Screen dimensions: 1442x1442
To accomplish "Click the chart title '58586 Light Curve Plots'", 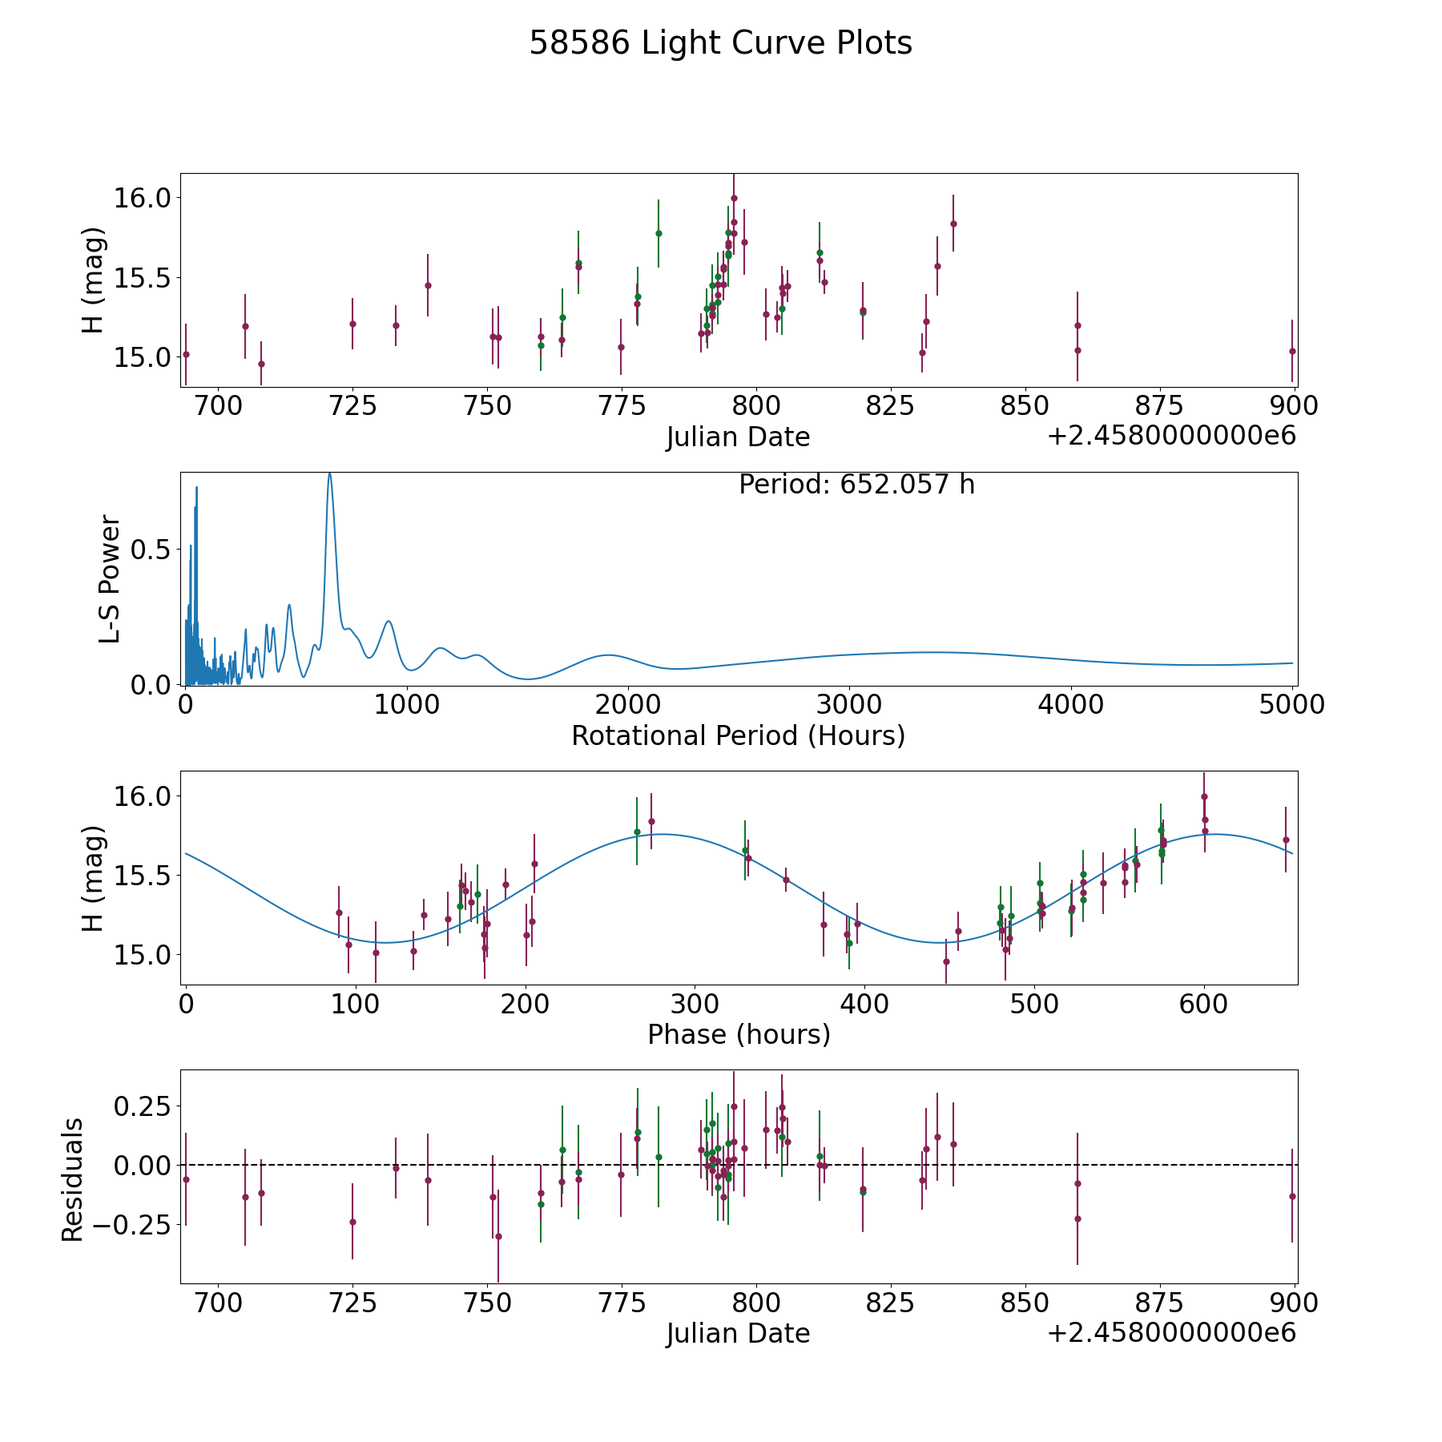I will pyautogui.click(x=720, y=43).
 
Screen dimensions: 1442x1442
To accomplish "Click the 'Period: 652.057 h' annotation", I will pyautogui.click(x=856, y=485).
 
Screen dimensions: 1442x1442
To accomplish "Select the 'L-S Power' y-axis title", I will pyautogui.click(x=111, y=578).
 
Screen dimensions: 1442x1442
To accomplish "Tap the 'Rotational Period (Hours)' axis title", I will pyautogui.click(x=738, y=735).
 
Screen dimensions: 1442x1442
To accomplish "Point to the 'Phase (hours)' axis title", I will pyautogui.click(x=738, y=1034).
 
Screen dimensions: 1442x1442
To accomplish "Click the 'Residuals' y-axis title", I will pyautogui.click(x=73, y=1179).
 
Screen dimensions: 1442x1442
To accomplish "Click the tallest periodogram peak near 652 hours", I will pyautogui.click(x=329, y=474).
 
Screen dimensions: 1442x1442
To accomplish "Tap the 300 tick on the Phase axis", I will pyautogui.click(x=695, y=1005).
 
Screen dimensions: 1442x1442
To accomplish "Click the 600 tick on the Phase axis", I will pyautogui.click(x=1204, y=1005).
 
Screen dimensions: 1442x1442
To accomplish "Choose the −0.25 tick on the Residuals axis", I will pyautogui.click(x=142, y=1224).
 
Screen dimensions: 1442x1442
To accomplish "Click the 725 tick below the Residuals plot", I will pyautogui.click(x=352, y=1303).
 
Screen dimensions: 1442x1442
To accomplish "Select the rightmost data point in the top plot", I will pyautogui.click(x=1292, y=351).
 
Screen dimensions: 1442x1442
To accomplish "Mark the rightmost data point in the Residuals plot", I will pyautogui.click(x=1292, y=1196).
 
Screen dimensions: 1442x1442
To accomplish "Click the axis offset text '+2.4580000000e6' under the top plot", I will pyautogui.click(x=1171, y=436).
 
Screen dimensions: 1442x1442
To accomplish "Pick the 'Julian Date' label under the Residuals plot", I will pyautogui.click(x=738, y=1333).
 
